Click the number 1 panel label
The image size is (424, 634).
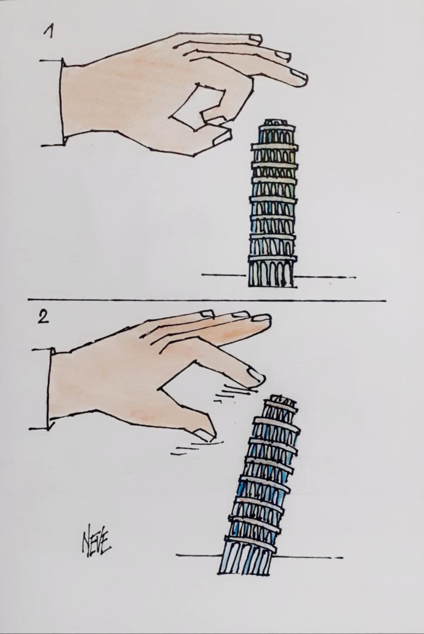pos(49,33)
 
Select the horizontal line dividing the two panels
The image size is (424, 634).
pos(207,300)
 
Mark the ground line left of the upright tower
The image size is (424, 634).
pos(224,275)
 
